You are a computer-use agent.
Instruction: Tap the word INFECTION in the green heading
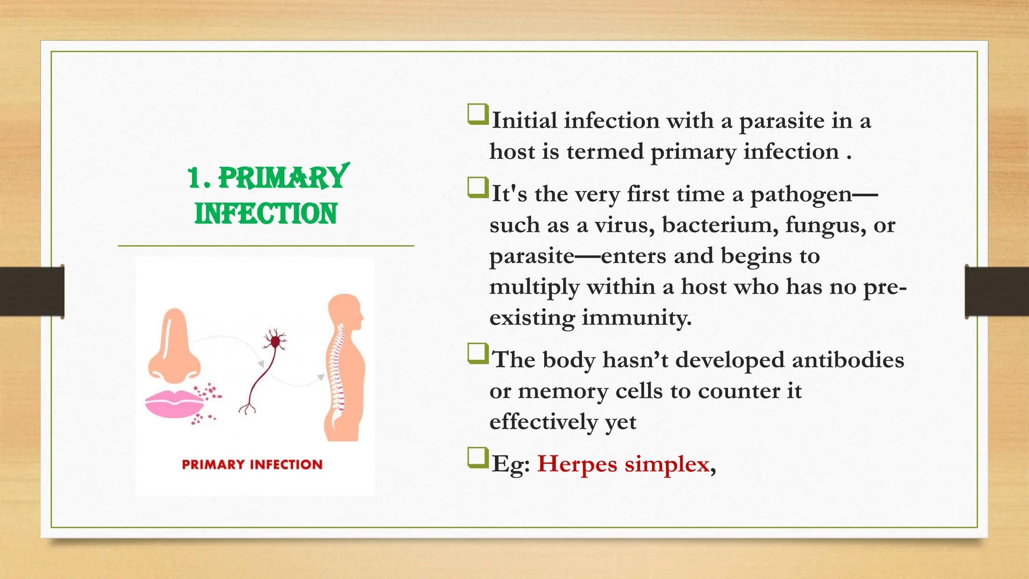click(x=266, y=214)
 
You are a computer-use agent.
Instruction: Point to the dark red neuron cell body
click(x=275, y=342)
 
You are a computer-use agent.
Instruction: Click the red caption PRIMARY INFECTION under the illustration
click(x=252, y=464)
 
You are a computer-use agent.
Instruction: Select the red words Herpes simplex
click(x=623, y=463)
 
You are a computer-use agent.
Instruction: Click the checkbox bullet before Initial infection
click(x=477, y=115)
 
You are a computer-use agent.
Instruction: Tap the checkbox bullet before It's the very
click(x=477, y=187)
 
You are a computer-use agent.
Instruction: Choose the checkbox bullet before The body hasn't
click(x=477, y=353)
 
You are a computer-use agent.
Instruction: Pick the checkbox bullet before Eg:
click(x=477, y=457)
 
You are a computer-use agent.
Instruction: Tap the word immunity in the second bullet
click(x=637, y=318)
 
